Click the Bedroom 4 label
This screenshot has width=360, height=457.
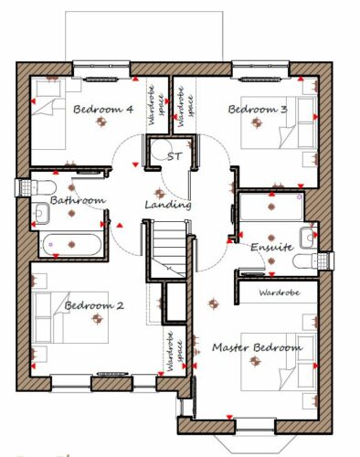click(x=103, y=109)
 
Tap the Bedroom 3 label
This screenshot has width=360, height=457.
click(x=258, y=109)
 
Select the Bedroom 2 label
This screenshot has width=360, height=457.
click(x=94, y=305)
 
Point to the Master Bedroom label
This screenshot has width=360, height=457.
click(x=258, y=347)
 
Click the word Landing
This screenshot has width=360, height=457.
click(x=168, y=205)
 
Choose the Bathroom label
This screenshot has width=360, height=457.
click(x=78, y=200)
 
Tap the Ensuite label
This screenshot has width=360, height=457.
click(x=272, y=247)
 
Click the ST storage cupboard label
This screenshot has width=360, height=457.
click(x=175, y=156)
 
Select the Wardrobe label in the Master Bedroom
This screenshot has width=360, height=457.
click(x=280, y=292)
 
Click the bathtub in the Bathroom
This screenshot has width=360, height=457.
click(x=72, y=244)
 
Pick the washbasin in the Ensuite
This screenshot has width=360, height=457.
click(x=308, y=238)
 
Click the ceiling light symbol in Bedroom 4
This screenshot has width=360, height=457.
click(x=102, y=122)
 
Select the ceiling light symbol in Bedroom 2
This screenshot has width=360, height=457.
click(x=98, y=318)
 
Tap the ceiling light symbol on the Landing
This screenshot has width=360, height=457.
click(x=159, y=193)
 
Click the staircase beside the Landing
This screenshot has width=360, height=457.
click(x=168, y=249)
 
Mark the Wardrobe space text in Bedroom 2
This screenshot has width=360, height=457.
click(x=175, y=351)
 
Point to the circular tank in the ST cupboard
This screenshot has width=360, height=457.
click(x=161, y=150)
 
